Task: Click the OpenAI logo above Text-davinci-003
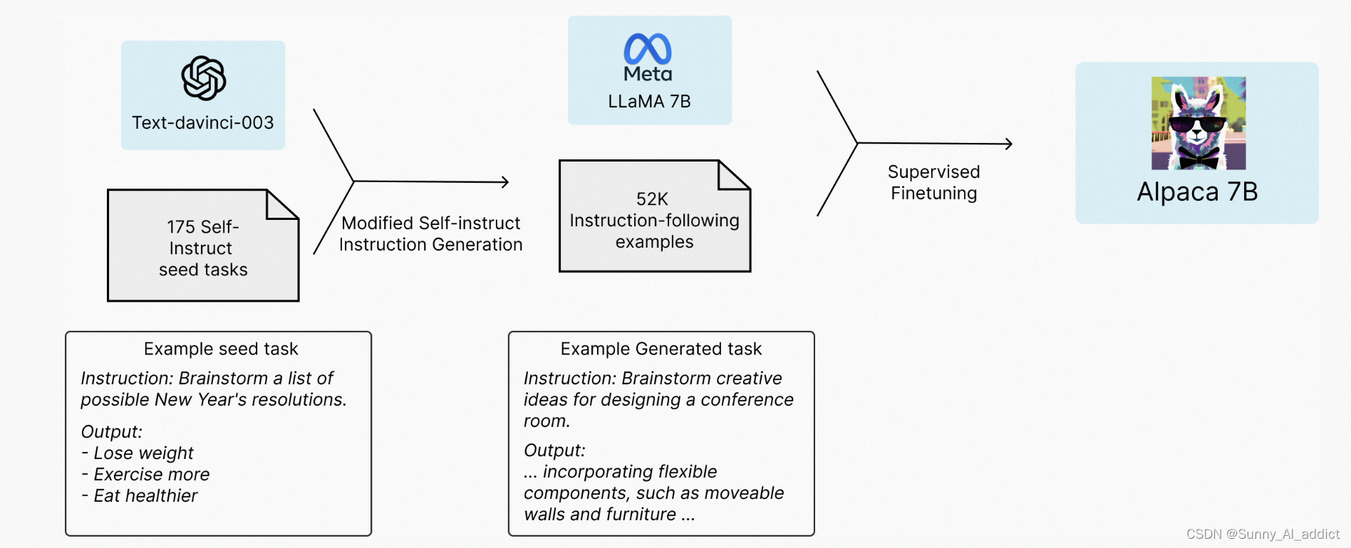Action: [x=203, y=78]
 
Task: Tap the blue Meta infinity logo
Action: [x=648, y=48]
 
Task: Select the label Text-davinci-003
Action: [x=203, y=122]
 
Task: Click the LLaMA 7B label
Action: [x=649, y=101]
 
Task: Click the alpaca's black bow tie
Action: [x=1198, y=160]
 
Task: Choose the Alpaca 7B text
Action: [x=1197, y=192]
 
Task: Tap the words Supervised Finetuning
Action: [x=933, y=182]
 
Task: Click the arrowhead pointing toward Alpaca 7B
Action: [x=1008, y=144]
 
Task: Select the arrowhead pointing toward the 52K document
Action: [x=504, y=182]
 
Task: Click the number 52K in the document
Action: [x=652, y=199]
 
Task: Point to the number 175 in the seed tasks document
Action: [x=181, y=227]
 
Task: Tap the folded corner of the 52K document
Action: [x=732, y=176]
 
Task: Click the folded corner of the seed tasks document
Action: [x=281, y=205]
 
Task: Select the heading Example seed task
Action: [x=221, y=349]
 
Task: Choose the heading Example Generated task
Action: [x=661, y=349]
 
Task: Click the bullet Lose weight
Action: [x=143, y=453]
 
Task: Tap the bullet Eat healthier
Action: [x=145, y=496]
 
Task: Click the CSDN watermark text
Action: [x=1263, y=534]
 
